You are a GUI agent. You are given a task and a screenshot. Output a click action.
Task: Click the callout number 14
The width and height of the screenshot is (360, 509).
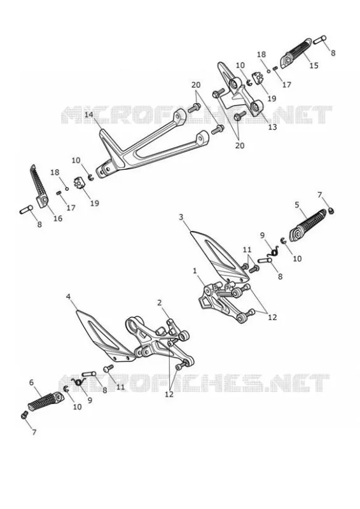point(89,115)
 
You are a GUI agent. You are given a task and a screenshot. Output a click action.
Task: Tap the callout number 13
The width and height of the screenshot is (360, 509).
point(273,127)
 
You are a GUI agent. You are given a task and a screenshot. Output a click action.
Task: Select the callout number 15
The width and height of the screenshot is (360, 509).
point(314,66)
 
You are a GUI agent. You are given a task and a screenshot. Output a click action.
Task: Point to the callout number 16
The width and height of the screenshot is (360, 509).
point(58,218)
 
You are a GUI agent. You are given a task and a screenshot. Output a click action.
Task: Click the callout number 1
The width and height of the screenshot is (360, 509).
point(195,270)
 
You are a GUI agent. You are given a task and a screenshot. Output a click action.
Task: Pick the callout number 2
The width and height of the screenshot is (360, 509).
point(160,303)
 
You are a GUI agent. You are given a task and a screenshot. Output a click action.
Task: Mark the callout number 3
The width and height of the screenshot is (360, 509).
point(181,217)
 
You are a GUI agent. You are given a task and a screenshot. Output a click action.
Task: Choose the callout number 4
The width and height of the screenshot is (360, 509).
point(68,296)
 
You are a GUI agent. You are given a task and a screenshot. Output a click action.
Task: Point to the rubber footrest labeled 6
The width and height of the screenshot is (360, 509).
point(45,401)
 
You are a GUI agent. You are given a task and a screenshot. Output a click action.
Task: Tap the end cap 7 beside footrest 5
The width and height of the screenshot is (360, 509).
point(331,211)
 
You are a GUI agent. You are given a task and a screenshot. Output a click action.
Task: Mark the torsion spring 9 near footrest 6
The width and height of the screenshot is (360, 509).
point(78,382)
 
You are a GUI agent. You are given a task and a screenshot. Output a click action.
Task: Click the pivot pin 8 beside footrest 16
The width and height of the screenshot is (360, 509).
point(26,209)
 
